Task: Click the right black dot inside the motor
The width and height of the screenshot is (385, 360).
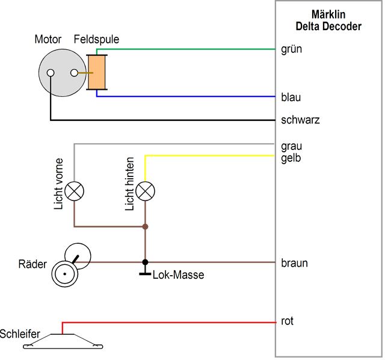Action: (74, 73)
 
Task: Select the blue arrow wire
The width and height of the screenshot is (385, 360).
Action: (192, 90)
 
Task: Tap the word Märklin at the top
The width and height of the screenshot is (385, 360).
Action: (327, 13)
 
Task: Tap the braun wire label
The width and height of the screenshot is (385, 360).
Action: (294, 263)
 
